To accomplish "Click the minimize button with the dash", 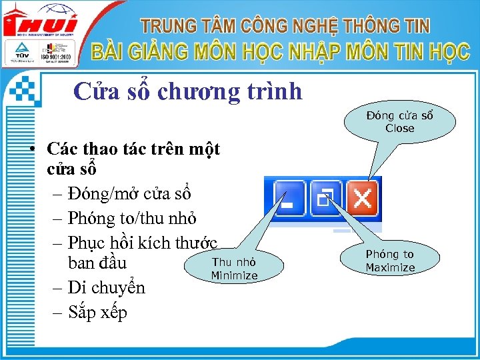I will click(x=289, y=198).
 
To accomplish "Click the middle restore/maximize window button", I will click(x=326, y=198).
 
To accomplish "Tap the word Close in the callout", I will click(x=399, y=129).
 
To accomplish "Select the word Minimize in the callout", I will click(x=234, y=275).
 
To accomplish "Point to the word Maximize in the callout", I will click(x=390, y=268).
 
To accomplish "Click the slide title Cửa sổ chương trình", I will click(x=187, y=91).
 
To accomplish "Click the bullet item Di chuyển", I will click(x=106, y=288).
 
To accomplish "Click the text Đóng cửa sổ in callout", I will click(x=399, y=115).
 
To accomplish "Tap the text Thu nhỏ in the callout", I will click(x=234, y=262).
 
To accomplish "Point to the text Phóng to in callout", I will click(x=390, y=254).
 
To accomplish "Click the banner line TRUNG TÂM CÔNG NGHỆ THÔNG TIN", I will click(x=285, y=26).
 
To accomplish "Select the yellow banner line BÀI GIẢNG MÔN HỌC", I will click(x=280, y=52).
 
